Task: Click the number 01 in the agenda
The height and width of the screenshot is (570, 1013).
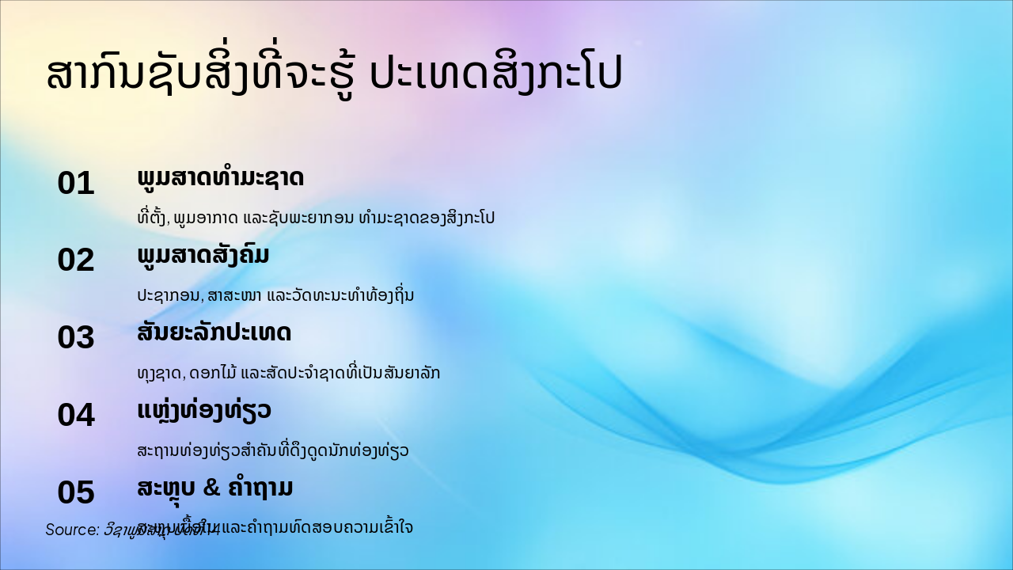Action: coord(76,184)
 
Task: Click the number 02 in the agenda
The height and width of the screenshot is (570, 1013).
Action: coord(76,260)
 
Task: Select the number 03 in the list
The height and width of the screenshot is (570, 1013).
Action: coord(76,338)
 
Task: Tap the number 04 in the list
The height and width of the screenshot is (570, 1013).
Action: coord(76,415)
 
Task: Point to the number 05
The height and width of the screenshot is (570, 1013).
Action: coord(76,492)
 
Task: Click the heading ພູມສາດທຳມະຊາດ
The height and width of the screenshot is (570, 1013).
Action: coord(220,178)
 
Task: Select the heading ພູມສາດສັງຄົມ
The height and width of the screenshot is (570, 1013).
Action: coord(203,256)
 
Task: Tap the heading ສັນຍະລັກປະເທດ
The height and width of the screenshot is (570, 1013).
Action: coord(214,332)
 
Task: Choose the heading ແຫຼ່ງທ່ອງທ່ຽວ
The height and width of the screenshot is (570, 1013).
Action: coord(204,410)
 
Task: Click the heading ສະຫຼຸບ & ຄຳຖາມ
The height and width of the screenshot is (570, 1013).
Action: coord(215,488)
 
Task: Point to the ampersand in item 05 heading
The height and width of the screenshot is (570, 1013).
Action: coord(211,488)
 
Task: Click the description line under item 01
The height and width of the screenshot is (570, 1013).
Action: coord(316,218)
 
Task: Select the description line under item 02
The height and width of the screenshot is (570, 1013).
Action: coord(275,295)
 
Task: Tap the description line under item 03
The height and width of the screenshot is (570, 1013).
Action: coord(288,373)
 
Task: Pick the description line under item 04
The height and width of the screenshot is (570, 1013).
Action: coord(273,450)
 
